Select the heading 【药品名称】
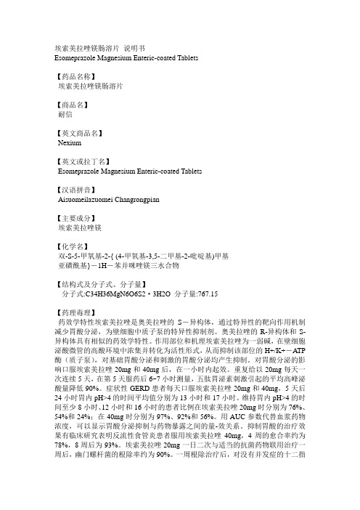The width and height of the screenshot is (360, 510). pos(81,75)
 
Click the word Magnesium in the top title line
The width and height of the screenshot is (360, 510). pos(126,56)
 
